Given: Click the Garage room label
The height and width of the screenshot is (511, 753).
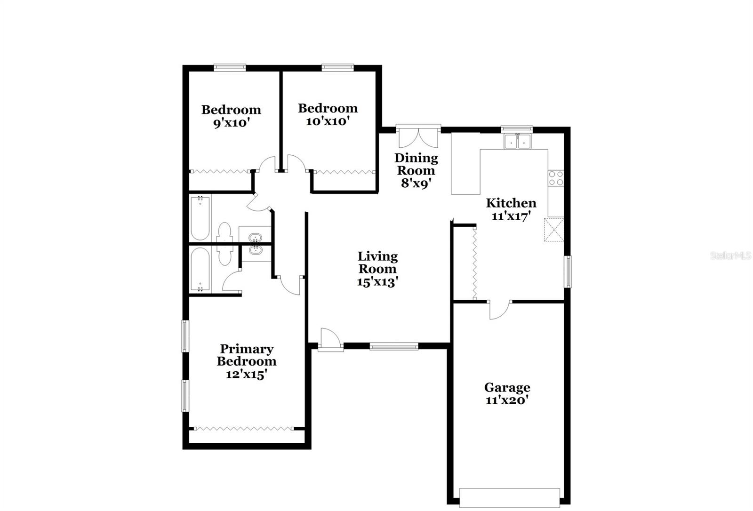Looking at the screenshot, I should pos(507,388).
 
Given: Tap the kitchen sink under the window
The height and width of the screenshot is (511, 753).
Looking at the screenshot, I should pos(517,141).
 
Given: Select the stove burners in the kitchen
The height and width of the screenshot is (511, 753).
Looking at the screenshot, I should pos(556,178).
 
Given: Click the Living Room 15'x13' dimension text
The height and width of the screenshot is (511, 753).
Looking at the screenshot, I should pos(378,282).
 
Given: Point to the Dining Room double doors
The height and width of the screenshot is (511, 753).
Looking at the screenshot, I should pos(418,137).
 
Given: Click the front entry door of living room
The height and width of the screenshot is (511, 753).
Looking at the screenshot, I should pos(330,340).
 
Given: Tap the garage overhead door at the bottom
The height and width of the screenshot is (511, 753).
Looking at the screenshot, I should pos(509,497).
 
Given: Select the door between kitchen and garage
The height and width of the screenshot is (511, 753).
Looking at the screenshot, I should pos(499,310).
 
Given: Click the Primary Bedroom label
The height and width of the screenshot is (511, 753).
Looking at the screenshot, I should pos(246,355).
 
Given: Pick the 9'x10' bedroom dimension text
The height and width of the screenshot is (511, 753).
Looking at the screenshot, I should pos(231,123).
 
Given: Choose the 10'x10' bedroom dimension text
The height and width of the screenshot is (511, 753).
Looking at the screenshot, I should pos(328,121).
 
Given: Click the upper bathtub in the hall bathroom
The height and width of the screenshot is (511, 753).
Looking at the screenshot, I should pos(200,218).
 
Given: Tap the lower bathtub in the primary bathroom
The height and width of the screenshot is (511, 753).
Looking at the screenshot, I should pos(200,270).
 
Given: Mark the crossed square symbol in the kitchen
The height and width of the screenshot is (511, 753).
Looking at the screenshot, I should pos(554,229).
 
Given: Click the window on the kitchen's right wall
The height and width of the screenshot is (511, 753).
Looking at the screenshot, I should pos(568,271).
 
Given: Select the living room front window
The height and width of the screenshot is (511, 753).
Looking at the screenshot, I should pos(394,347).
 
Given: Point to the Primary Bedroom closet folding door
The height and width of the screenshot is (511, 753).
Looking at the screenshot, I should pos(243,429).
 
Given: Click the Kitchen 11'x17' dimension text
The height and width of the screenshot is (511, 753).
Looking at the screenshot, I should pos(511,216).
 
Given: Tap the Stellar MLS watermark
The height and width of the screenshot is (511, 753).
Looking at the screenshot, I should pos(730,255).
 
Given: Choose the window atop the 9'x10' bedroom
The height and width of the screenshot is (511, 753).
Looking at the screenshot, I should pos(230,67).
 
